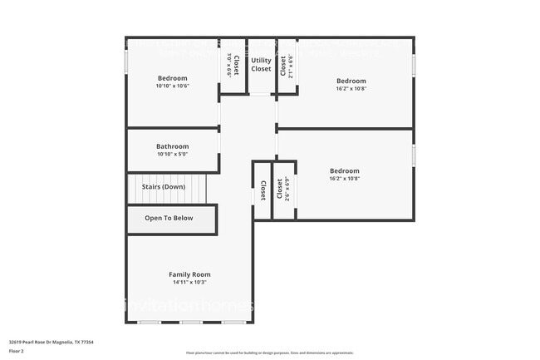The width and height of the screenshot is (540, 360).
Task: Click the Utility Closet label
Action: tap(261, 65)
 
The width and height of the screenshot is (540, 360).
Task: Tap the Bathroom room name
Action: tap(173, 146)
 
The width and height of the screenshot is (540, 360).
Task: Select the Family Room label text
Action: tap(189, 274)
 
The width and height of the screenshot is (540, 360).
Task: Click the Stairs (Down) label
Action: tap(163, 187)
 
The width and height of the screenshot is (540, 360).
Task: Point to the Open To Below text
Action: tap(169, 219)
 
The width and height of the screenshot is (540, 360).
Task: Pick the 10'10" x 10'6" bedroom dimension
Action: tap(173, 86)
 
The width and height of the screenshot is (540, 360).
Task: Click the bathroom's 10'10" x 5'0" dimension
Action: tap(173, 154)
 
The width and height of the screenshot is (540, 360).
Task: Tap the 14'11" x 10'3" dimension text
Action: tap(189, 282)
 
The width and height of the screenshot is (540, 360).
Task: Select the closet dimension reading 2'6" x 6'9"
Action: tap(287, 190)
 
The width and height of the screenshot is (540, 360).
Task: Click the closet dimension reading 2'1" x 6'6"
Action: tap(292, 66)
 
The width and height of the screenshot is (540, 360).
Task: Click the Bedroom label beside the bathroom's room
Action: tap(173, 78)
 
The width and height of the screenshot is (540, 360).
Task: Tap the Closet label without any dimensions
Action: tap(263, 190)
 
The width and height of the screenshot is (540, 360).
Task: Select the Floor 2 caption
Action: tap(17, 349)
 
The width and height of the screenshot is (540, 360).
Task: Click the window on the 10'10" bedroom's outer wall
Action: tap(126, 63)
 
